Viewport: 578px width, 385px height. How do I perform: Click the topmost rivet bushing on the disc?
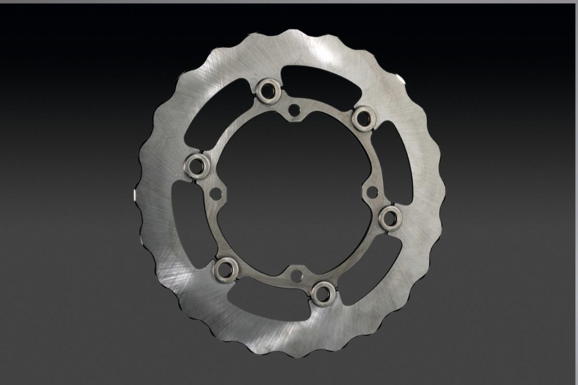click(x=269, y=90)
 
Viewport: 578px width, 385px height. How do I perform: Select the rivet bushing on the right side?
click(x=390, y=219)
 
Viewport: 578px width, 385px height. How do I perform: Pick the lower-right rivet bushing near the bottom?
click(x=322, y=293)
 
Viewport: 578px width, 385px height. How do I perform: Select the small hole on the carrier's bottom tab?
click(x=297, y=276)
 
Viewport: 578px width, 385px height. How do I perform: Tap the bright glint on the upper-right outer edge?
click(x=399, y=78)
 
